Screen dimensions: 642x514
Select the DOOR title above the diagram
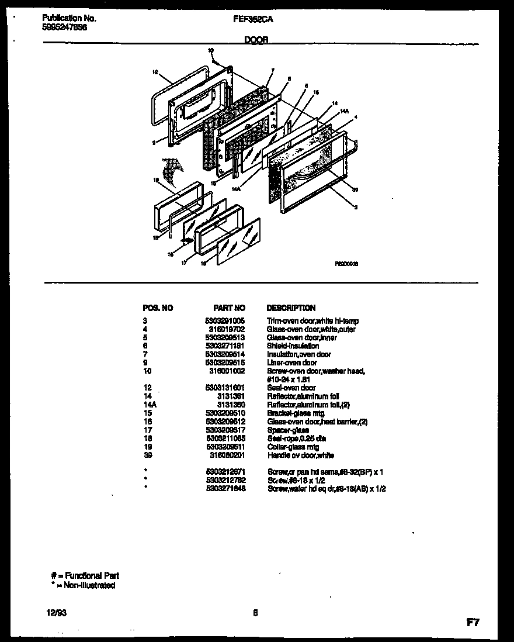(x=256, y=40)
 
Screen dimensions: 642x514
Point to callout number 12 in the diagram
(x=155, y=73)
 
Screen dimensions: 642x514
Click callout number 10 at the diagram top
(x=211, y=51)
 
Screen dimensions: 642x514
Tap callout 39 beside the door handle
(x=355, y=188)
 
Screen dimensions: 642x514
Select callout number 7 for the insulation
(x=272, y=70)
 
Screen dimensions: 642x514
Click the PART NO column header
(x=230, y=308)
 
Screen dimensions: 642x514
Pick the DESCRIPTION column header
(x=291, y=308)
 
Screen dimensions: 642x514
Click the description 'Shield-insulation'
(x=293, y=346)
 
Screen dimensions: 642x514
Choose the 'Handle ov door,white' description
(x=300, y=455)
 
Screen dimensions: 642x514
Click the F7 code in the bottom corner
(x=473, y=623)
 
